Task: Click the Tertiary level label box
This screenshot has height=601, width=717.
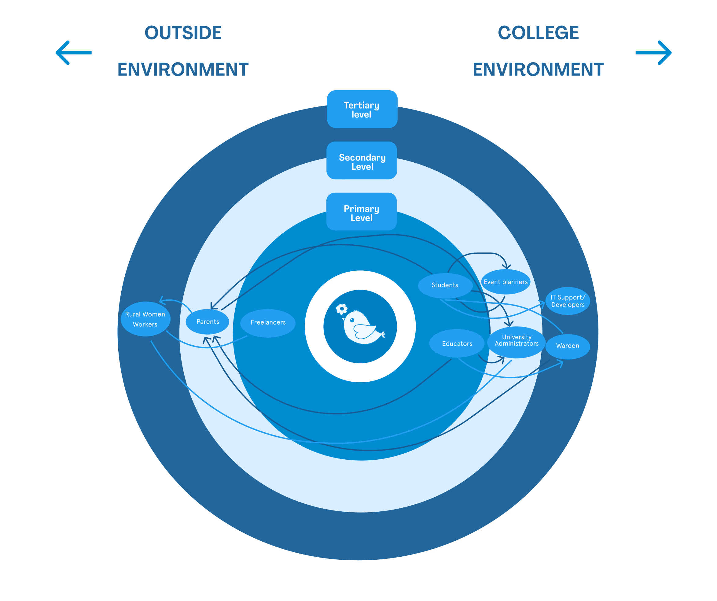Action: click(362, 109)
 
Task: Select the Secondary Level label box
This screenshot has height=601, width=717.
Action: click(362, 161)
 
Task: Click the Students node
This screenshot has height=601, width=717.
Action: click(445, 285)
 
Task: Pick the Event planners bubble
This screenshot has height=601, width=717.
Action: click(506, 282)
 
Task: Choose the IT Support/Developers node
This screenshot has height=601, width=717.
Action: click(568, 301)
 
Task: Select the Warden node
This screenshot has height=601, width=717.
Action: click(568, 346)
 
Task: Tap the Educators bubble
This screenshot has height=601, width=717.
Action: click(457, 344)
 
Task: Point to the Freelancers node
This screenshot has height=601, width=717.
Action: click(268, 323)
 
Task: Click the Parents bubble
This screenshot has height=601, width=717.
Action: click(208, 322)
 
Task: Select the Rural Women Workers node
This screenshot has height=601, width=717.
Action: click(145, 319)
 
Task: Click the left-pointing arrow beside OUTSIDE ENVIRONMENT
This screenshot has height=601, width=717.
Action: click(73, 53)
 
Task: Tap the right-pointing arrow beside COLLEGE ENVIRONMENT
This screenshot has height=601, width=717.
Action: click(654, 53)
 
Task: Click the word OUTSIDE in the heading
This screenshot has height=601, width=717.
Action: click(183, 33)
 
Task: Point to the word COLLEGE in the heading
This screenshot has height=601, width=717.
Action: click(538, 33)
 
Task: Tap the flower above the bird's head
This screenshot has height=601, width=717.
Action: click(341, 309)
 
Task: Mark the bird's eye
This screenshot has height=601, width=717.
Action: click(352, 320)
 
